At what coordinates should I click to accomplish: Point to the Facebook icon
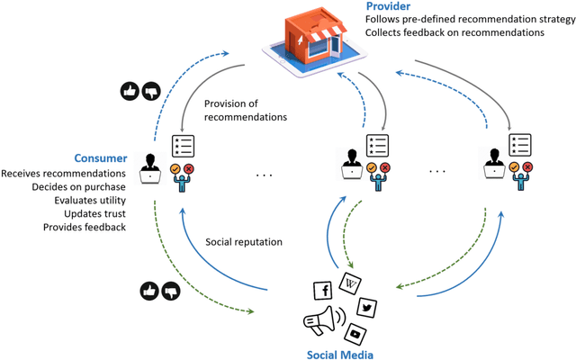pyautogui.click(x=321, y=290)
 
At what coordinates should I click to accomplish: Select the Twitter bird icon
pyautogui.click(x=366, y=308)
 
